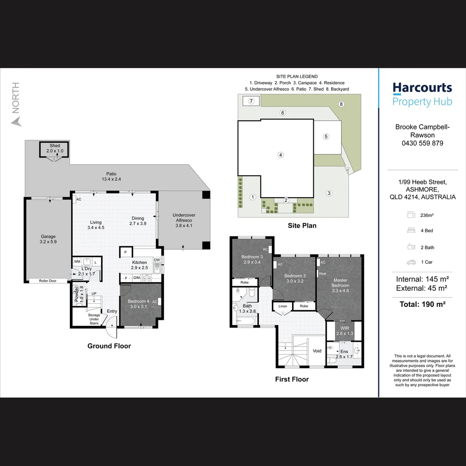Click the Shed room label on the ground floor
point(55,146)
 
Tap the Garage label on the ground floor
point(48,236)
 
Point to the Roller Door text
point(47,281)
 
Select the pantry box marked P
point(126,252)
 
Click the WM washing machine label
point(77,262)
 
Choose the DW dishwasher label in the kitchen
point(157,260)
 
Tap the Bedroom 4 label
point(139,301)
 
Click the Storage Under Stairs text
point(94,319)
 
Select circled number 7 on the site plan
point(251,101)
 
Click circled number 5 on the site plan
point(326,137)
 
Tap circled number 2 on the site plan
point(286,200)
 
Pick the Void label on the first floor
point(317,351)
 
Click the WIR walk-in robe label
point(345,328)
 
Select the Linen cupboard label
point(283,306)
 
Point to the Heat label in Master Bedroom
point(322,274)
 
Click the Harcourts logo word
point(422,88)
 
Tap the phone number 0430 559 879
point(422,143)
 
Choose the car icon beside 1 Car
point(411,262)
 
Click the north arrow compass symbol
point(17,122)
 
